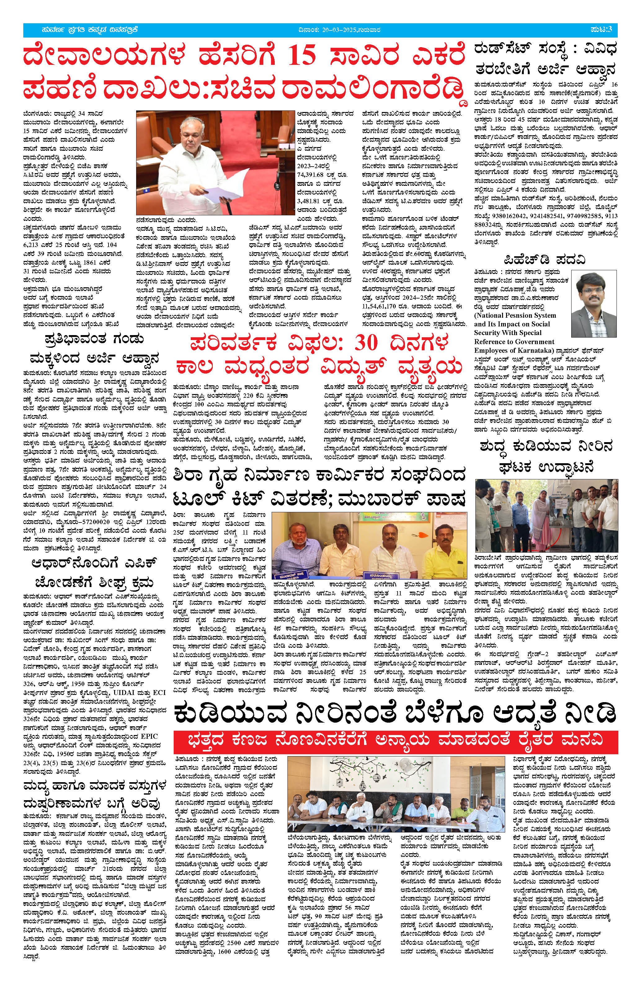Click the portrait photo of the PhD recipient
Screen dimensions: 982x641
pos(594,304)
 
